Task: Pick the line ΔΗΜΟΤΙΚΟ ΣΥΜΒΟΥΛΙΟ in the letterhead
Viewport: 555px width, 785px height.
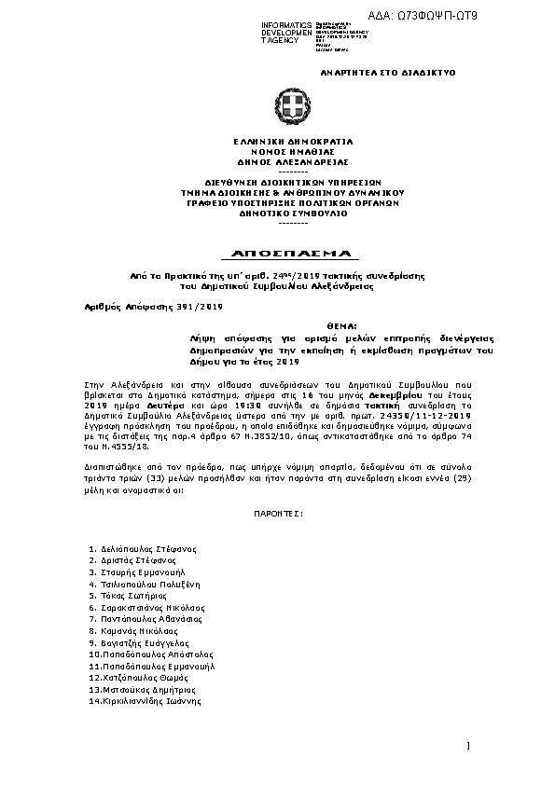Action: click(291, 213)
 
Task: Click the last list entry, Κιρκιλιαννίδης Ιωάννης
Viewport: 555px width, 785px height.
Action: click(144, 701)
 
